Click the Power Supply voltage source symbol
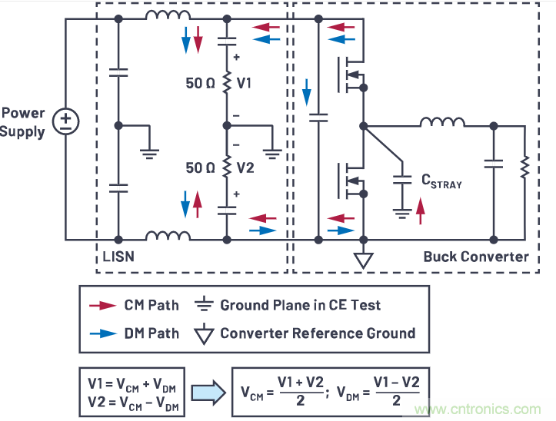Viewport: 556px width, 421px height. [x=66, y=121]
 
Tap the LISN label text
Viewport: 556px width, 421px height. [x=118, y=256]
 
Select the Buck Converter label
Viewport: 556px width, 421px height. [x=476, y=257]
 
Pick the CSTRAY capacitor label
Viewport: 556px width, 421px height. [x=441, y=181]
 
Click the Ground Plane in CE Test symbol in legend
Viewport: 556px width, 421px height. [x=205, y=305]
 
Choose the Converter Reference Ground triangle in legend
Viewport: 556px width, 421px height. [x=205, y=333]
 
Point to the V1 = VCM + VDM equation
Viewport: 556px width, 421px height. [x=132, y=381]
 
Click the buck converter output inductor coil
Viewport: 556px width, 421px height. [x=441, y=123]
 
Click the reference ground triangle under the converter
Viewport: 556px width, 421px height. [x=363, y=260]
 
